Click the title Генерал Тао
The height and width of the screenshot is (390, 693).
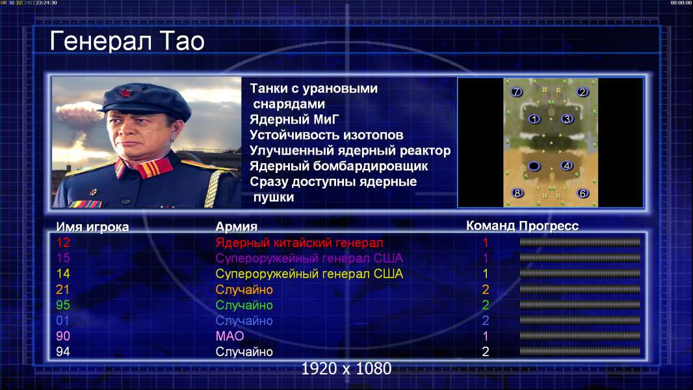click(127, 42)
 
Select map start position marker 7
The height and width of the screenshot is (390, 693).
click(516, 92)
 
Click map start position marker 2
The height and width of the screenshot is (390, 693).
click(582, 92)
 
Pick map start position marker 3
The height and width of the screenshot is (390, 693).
click(567, 119)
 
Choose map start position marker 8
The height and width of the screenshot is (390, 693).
click(517, 193)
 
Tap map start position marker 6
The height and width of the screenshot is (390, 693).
click(582, 193)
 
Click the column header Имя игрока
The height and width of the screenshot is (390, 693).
click(92, 227)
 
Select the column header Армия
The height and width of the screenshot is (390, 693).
click(237, 227)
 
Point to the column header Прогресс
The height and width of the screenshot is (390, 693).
click(549, 226)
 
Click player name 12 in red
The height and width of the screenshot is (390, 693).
click(63, 242)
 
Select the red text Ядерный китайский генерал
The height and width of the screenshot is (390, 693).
click(300, 243)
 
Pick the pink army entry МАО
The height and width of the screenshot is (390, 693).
click(230, 336)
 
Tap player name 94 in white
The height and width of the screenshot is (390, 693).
click(63, 352)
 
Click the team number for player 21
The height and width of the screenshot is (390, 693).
click(485, 289)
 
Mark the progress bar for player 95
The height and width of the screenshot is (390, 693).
click(580, 305)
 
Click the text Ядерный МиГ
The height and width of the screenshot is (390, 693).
click(294, 120)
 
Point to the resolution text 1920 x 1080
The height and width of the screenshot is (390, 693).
click(346, 369)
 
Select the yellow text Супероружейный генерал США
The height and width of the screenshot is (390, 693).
click(309, 274)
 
